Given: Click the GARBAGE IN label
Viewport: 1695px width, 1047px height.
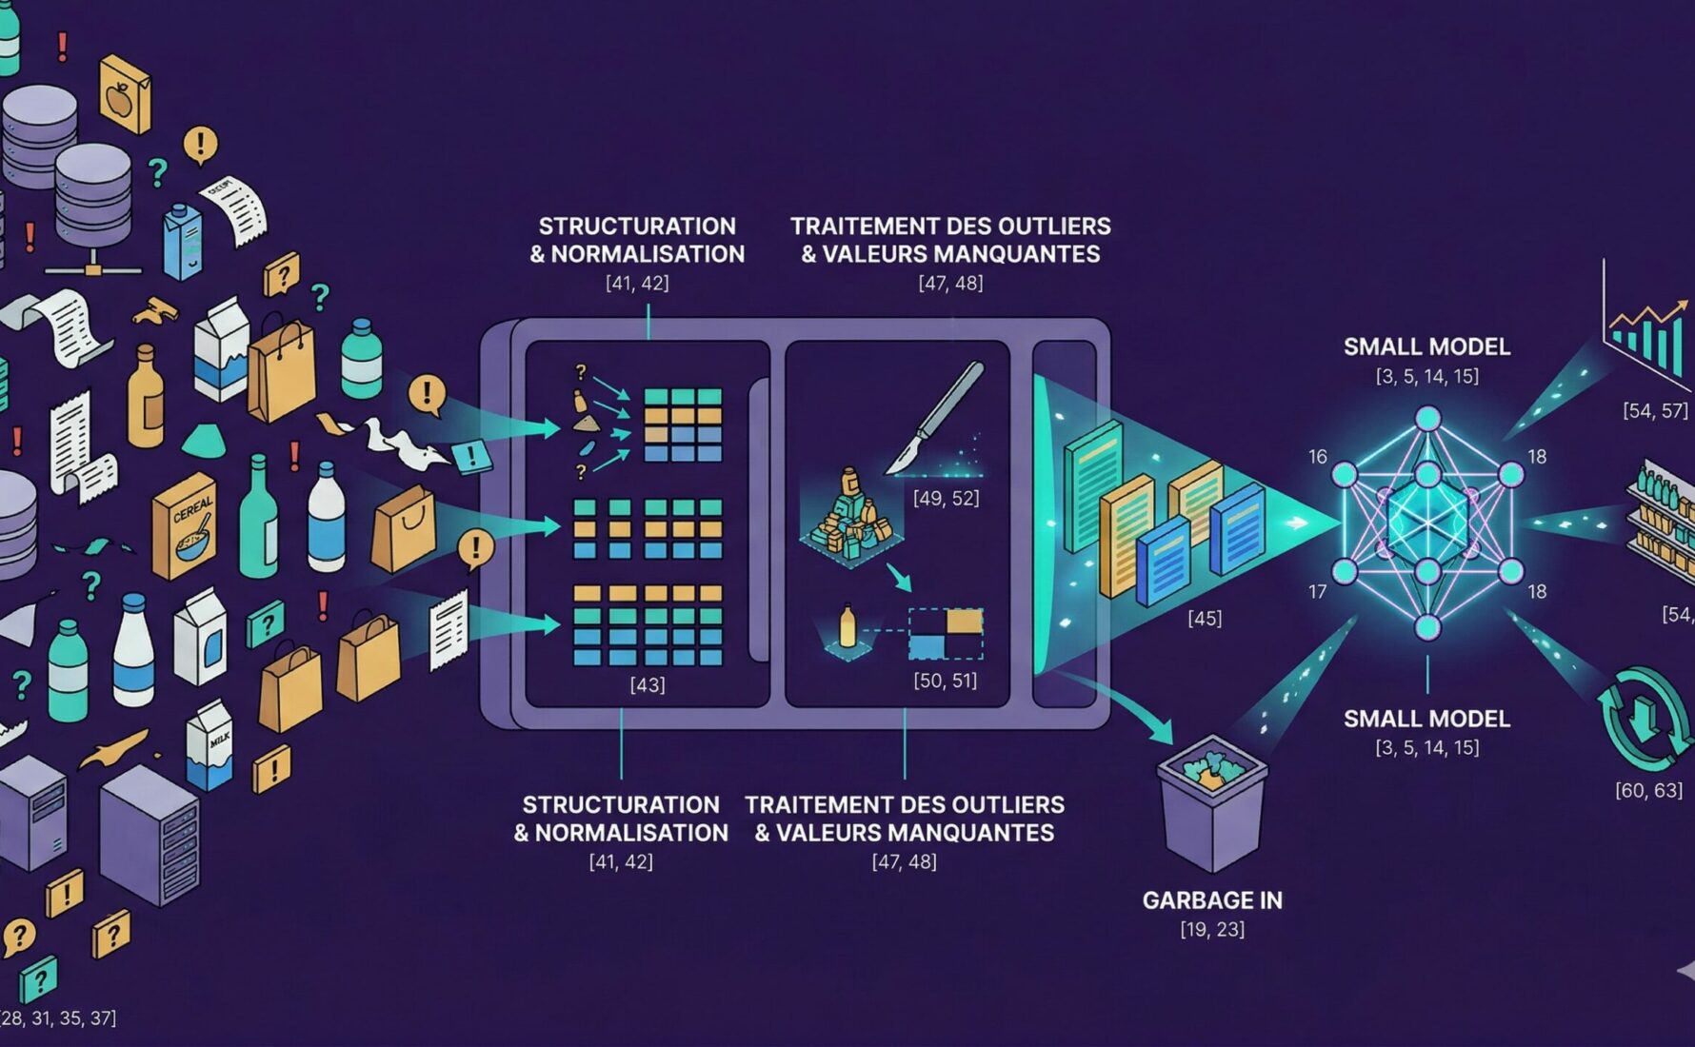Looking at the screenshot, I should pos(1211,900).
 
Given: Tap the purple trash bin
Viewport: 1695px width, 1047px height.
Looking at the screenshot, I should pos(1211,804).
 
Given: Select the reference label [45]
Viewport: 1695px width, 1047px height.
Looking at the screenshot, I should pos(1205,619).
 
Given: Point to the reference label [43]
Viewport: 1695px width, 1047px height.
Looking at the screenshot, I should pos(648,684).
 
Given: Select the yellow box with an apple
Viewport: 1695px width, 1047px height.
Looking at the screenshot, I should pos(125,93).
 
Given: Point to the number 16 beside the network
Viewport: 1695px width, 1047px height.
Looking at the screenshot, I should pos(1317,457).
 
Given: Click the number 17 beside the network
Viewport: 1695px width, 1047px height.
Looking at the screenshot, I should pos(1317,592).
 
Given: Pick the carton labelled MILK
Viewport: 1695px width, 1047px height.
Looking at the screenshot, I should pos(210,746).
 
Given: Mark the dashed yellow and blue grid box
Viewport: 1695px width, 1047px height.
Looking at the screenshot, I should pos(946,634).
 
